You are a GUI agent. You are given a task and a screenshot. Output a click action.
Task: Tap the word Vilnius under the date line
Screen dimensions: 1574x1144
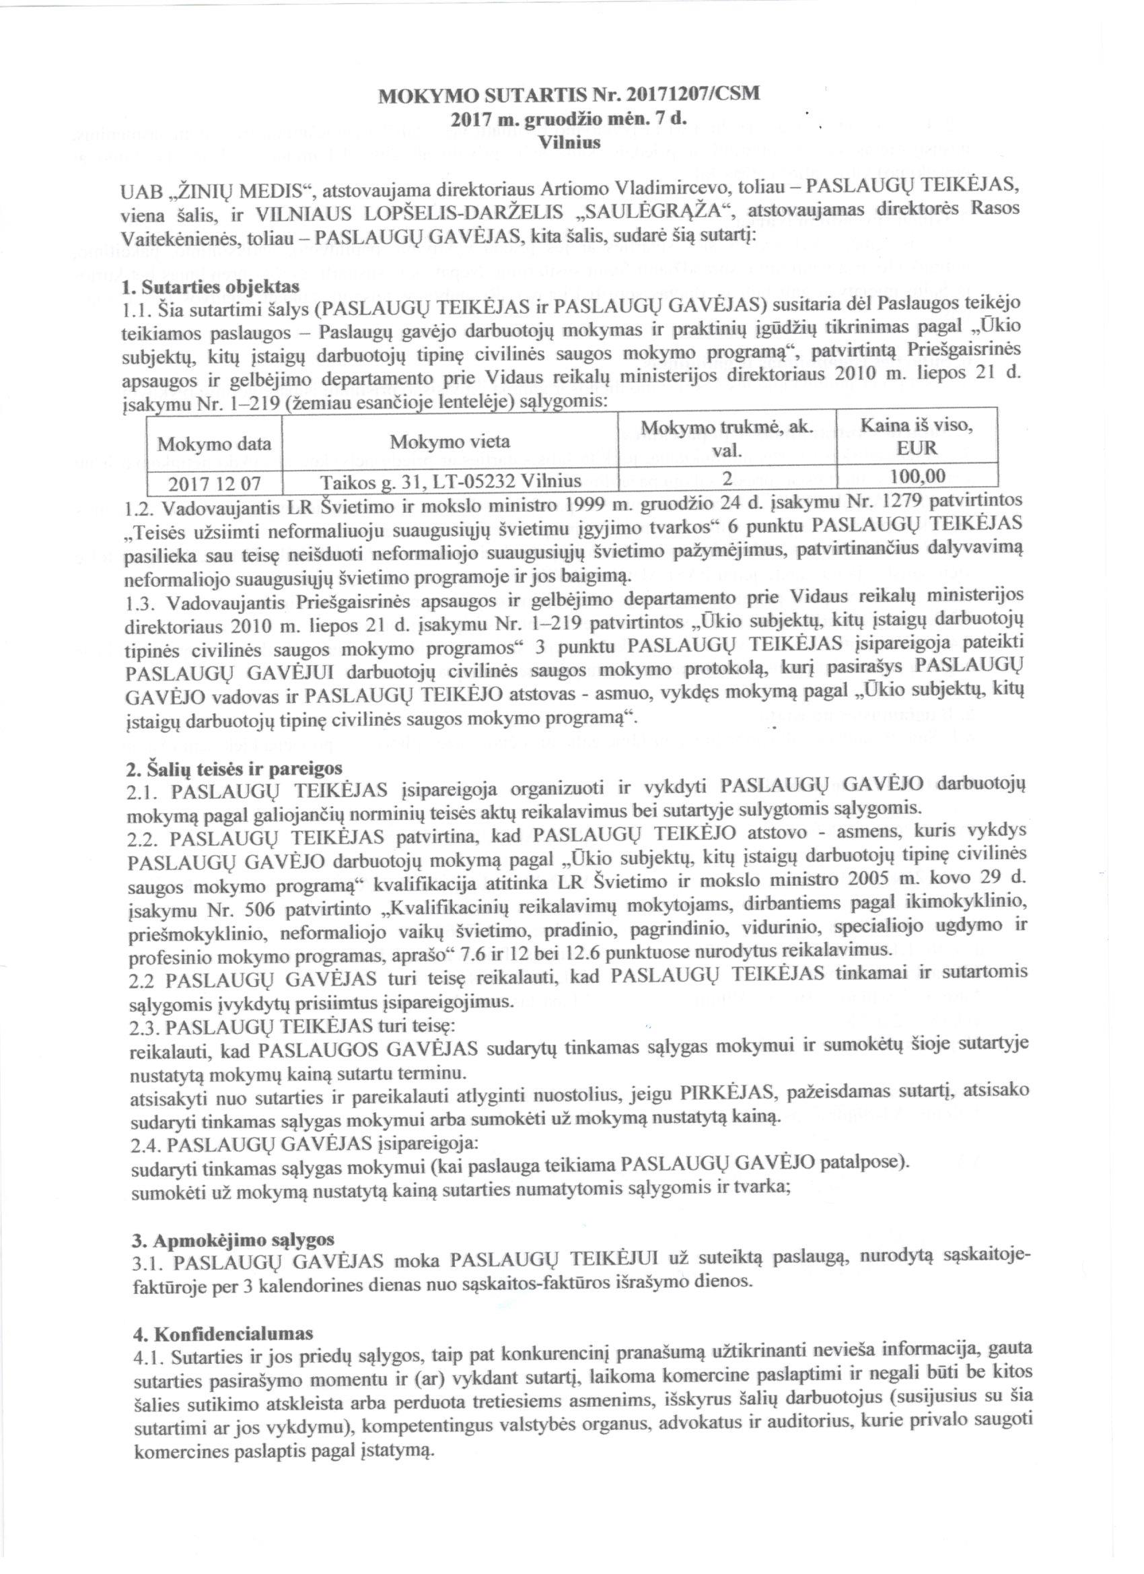point(569,141)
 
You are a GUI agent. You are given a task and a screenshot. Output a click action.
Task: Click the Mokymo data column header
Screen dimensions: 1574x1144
point(215,442)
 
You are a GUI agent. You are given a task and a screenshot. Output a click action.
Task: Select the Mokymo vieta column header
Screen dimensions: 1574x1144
point(450,442)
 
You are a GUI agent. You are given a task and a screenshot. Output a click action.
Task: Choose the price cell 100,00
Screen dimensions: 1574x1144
point(917,475)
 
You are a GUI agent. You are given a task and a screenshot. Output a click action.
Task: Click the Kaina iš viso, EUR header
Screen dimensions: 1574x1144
point(917,436)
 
